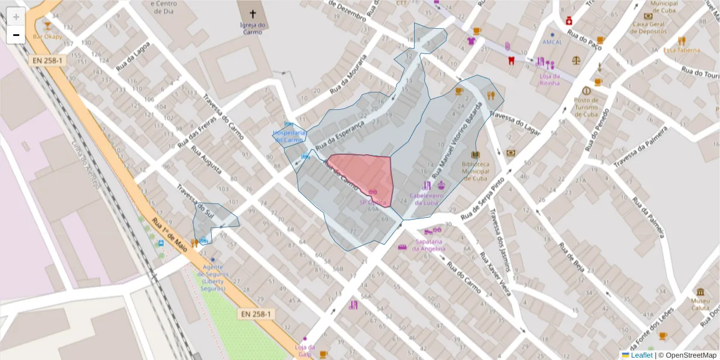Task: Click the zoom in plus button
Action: click(16, 17)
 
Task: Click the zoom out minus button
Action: click(16, 35)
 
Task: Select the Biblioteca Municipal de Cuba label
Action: click(475, 171)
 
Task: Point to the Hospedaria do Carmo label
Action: click(289, 136)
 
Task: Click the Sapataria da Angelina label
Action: click(429, 245)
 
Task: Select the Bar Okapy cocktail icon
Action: click(47, 26)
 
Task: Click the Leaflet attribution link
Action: click(641, 355)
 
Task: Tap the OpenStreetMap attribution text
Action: click(688, 355)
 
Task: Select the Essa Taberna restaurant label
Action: click(681, 50)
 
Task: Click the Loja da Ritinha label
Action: click(549, 79)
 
